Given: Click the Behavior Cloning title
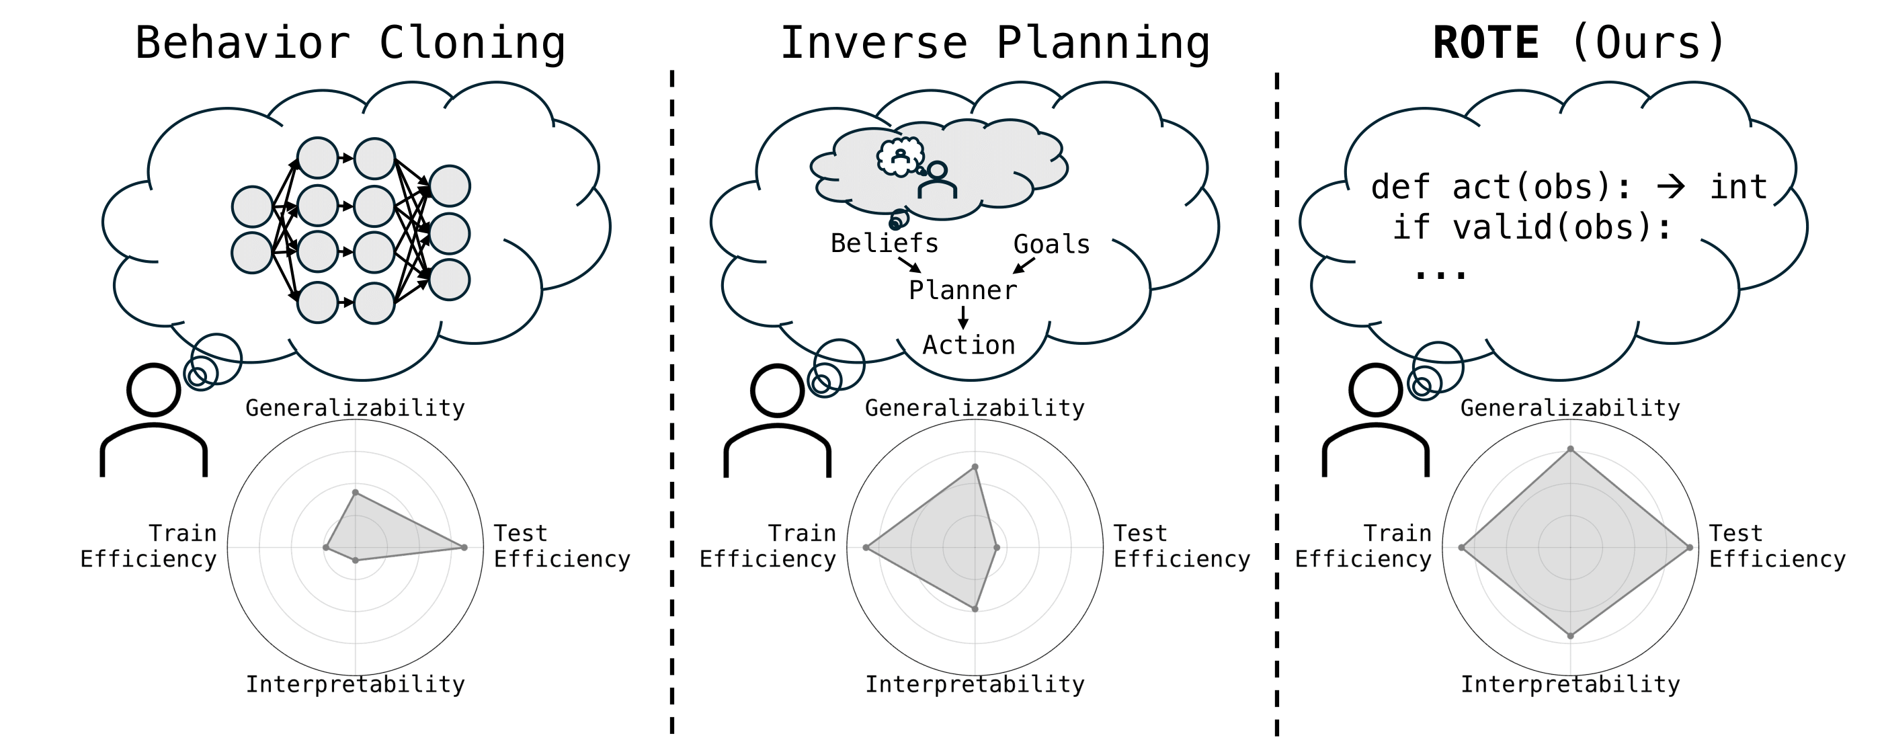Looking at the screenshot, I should pos(350,42).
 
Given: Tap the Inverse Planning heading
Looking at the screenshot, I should pos(995,42).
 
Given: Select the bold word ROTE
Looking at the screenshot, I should pos(1485,42).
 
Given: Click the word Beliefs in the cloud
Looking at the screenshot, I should pos(885,243).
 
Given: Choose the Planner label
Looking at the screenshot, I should pos(963,290).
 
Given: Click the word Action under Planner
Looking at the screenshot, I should pos(969,345).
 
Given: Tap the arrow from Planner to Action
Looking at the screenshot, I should pos(963,317).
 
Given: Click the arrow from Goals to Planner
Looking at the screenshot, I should pos(1024,265).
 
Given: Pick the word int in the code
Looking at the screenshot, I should pos(1737,188).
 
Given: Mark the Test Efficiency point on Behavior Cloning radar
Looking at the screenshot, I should pos(464,547).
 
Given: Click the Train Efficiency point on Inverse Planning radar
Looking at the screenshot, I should pos(866,547).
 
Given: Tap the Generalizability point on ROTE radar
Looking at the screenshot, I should pos(1570,449).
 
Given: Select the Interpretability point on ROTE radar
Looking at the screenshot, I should pos(1570,637).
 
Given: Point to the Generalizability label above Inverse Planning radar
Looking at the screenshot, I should pos(974,408).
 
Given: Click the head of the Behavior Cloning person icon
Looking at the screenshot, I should pos(154,390).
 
